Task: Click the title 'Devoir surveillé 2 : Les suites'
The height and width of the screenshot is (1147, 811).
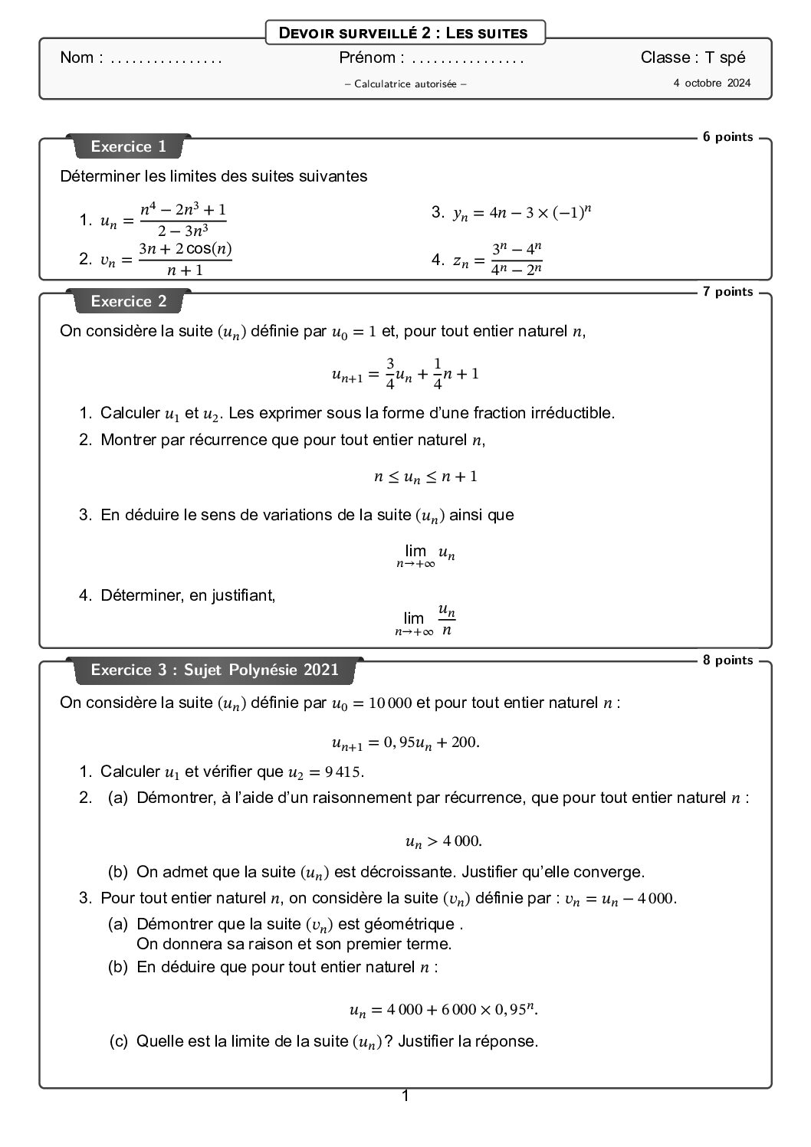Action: (x=405, y=33)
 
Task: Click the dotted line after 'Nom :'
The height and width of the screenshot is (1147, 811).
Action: (x=166, y=58)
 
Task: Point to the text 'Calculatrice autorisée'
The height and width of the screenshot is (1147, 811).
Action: (x=405, y=84)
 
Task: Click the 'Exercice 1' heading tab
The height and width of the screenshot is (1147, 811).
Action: (x=128, y=146)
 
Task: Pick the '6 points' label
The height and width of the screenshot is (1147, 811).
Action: (x=727, y=137)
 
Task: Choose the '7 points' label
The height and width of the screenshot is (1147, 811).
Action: (x=727, y=292)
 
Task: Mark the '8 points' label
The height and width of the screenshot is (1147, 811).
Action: (x=727, y=660)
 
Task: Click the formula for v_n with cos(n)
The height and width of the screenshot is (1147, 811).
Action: (x=166, y=259)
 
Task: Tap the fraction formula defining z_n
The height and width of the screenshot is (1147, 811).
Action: (x=498, y=259)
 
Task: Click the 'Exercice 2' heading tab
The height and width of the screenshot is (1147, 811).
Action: (x=128, y=301)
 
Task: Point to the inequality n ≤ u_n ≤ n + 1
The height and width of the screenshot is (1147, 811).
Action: (x=425, y=477)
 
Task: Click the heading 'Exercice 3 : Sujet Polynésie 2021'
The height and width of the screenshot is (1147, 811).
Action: (x=215, y=670)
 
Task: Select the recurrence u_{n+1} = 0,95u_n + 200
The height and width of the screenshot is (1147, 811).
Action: (x=405, y=742)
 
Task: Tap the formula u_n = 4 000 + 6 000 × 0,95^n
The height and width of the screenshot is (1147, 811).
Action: (x=443, y=1010)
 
